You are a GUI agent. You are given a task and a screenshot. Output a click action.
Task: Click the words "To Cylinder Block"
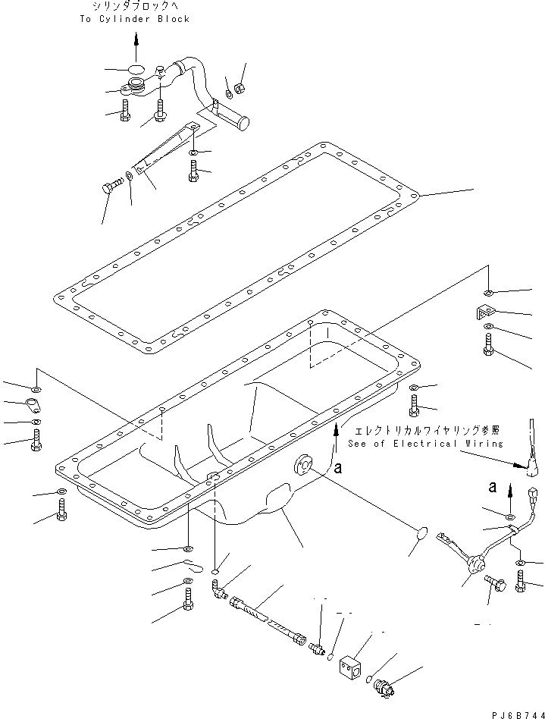pos(134,19)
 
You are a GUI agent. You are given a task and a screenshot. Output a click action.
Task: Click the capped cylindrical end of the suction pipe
pos(243,119)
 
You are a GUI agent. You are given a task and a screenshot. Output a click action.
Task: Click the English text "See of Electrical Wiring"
pos(425,443)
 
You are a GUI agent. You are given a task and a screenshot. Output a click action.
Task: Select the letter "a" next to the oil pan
pos(337,469)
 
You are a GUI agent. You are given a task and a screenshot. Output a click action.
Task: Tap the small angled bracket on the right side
pos(485,312)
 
